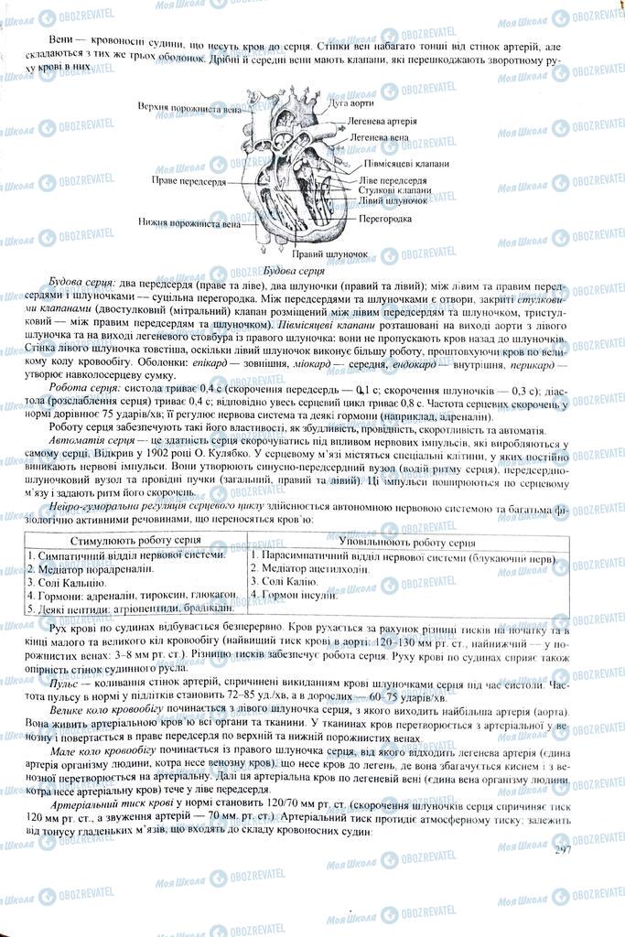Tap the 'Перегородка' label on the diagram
point(385,220)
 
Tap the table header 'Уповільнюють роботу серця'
point(415,542)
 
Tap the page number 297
point(563,851)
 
